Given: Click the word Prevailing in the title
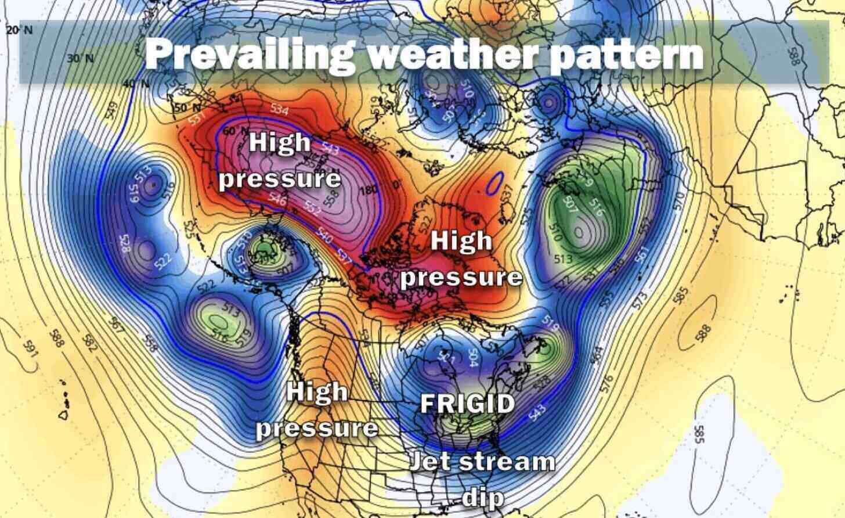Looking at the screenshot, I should pyautogui.click(x=247, y=54).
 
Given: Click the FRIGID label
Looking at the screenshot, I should pyautogui.click(x=467, y=404).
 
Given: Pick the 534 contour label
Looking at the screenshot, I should pyautogui.click(x=280, y=109).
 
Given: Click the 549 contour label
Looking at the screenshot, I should pyautogui.click(x=112, y=108).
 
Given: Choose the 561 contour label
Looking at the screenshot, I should pyautogui.click(x=641, y=254).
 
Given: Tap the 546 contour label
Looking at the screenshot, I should pyautogui.click(x=277, y=200).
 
